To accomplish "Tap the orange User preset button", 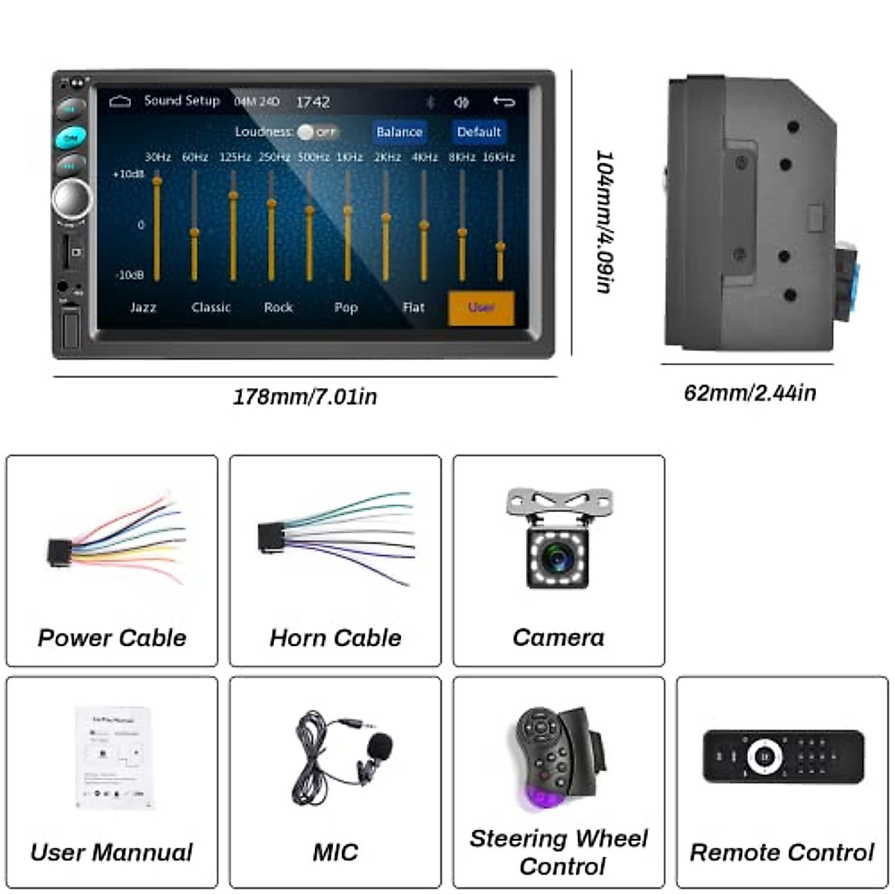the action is (x=481, y=308).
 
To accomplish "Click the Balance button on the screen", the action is (x=399, y=132).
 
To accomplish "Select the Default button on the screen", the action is (x=478, y=132).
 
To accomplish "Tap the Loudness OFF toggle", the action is (x=316, y=132).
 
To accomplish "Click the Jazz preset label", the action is (x=143, y=307).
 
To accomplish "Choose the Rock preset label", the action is (x=278, y=307).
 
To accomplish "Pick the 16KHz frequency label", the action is (x=498, y=157).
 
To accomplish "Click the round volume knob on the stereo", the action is (x=72, y=198).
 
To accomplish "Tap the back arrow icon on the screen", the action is (x=504, y=101).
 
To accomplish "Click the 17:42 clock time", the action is (x=313, y=102).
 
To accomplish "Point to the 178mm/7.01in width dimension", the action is (x=305, y=396).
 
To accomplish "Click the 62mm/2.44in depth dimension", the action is (x=749, y=393).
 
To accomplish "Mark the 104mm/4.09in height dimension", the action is (x=605, y=221).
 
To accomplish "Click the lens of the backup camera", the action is (x=557, y=557).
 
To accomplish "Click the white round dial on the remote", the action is (x=765, y=757).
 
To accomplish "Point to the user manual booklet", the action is (x=115, y=757).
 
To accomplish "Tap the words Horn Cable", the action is (x=335, y=638).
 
